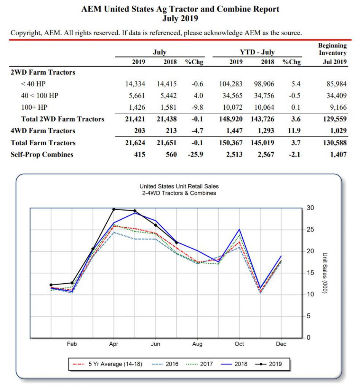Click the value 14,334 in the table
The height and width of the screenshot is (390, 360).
[135, 84]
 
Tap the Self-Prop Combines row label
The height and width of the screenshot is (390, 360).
[42, 155]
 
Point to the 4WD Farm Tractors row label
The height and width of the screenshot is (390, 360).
[43, 131]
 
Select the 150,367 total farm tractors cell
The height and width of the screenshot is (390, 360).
[231, 143]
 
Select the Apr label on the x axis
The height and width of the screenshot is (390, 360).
[114, 344]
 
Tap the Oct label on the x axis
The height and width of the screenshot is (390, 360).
[239, 344]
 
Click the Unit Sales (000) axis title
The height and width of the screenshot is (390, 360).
[325, 273]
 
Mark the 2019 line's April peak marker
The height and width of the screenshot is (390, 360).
[114, 209]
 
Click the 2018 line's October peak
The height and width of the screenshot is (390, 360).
[239, 229]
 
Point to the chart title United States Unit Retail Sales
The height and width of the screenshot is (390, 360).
[179, 186]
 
